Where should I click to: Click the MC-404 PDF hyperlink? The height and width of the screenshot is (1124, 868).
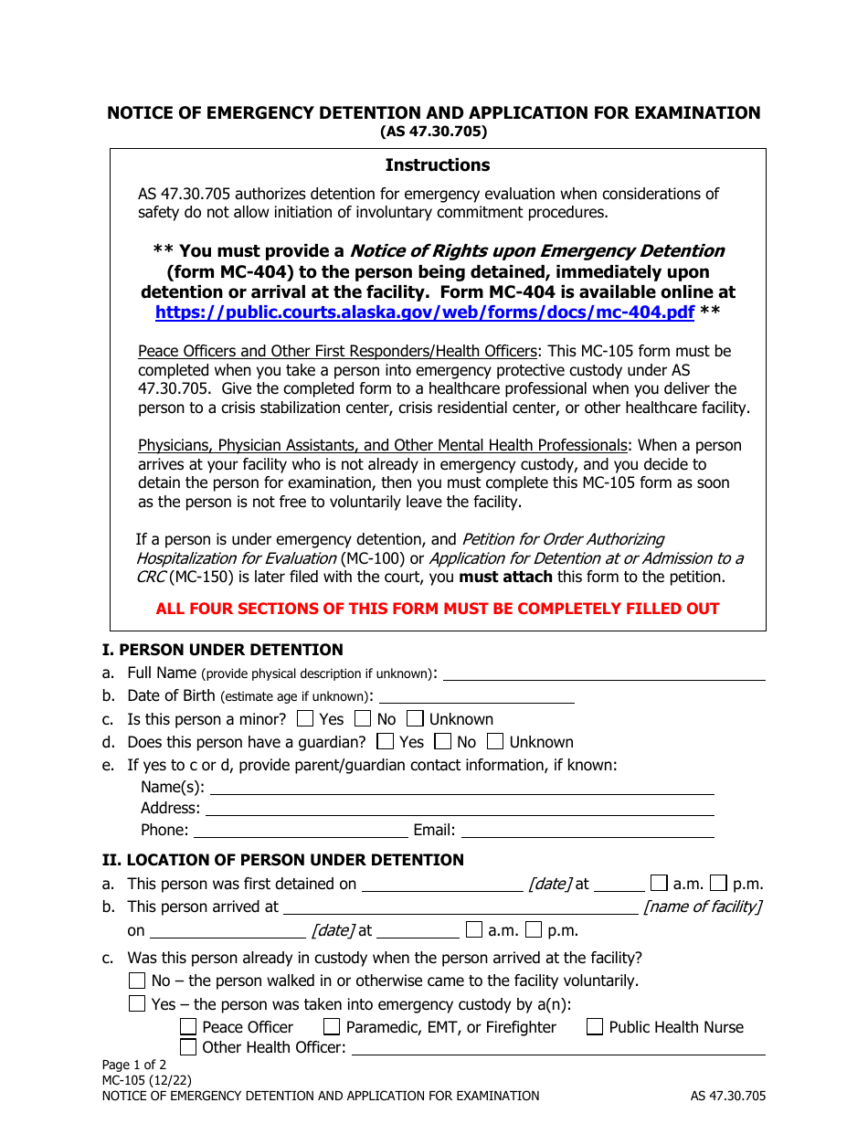coord(425,312)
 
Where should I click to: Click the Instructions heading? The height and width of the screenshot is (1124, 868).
coord(437,165)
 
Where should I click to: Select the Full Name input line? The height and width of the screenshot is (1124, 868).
coord(603,673)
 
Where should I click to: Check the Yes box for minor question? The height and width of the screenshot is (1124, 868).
coord(306,719)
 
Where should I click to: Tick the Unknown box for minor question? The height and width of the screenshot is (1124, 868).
coord(416,719)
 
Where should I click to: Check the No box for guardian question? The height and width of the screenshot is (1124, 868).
coord(443,742)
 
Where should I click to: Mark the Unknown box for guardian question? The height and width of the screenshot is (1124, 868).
coord(496,742)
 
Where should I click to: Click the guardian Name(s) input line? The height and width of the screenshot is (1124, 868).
coord(462,788)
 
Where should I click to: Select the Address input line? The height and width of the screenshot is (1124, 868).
coord(460,809)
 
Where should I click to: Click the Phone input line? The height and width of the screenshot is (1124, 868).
coord(301,831)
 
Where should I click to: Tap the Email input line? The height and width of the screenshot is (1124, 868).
coord(587,831)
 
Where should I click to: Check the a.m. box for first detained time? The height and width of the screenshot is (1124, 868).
coord(659,884)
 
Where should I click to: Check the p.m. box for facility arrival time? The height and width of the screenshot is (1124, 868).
coord(534,930)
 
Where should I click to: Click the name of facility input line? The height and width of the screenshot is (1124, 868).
coord(460,907)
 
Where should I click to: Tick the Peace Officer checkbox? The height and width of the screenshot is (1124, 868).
coord(188,1027)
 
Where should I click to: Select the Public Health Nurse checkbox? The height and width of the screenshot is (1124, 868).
coord(595,1027)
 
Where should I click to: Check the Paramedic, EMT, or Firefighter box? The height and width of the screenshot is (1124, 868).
coord(332,1027)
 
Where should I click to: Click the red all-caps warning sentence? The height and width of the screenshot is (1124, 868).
coord(438,609)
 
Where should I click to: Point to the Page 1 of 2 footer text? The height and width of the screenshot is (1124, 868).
coord(134,1065)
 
